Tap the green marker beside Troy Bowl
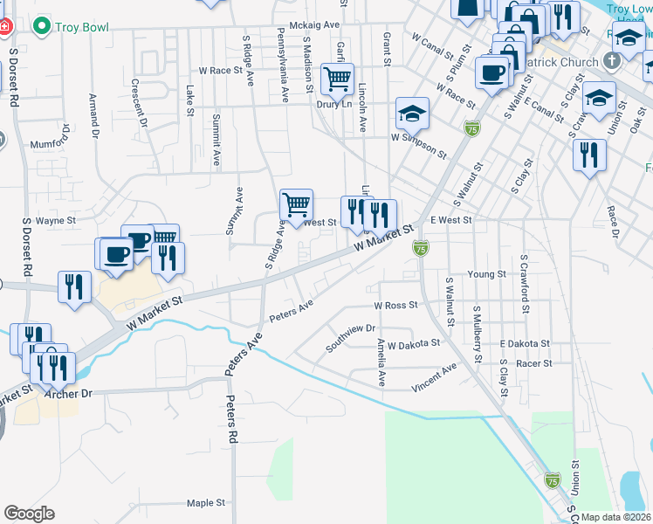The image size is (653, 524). [40, 26]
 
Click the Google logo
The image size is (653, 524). [30, 514]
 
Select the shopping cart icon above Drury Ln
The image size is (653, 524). [337, 79]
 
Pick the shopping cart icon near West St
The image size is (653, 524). [297, 205]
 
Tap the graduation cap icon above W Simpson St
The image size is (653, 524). [412, 114]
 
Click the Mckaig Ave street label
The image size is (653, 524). [316, 25]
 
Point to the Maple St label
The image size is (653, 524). [206, 503]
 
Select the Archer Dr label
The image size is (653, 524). [74, 394]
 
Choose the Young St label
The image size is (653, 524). [487, 274]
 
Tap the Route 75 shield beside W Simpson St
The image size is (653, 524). [472, 128]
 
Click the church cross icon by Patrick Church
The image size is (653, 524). [612, 62]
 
